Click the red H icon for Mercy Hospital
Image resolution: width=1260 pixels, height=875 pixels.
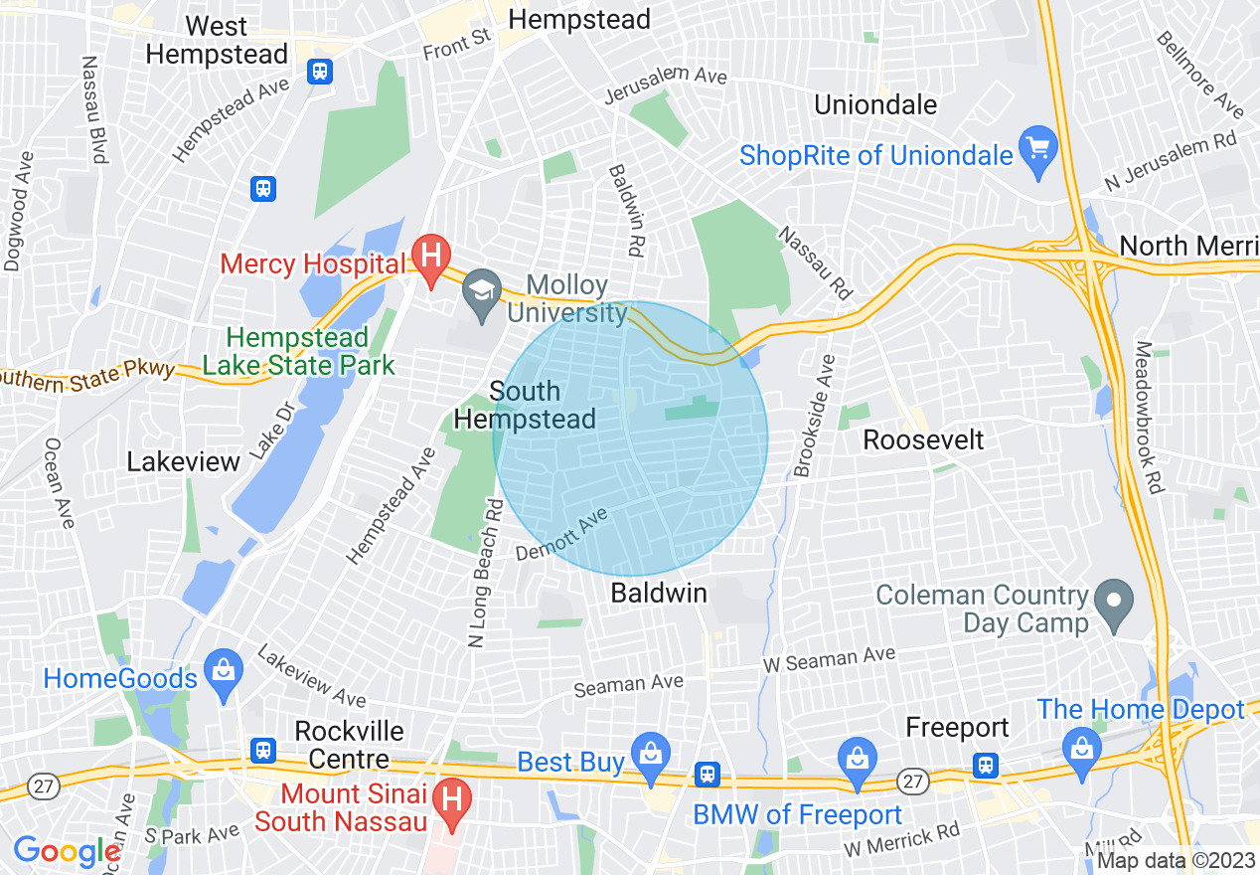pyautogui.click(x=430, y=257)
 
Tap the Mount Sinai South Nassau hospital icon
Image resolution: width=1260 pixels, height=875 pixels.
pyautogui.click(x=452, y=799)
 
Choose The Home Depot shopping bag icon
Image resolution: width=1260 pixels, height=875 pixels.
pyautogui.click(x=1082, y=744)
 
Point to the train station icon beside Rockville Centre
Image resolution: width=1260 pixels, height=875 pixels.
pyautogui.click(x=263, y=749)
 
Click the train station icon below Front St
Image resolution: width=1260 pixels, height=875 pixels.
pyautogui.click(x=320, y=71)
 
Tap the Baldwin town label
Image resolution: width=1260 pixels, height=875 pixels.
pyautogui.click(x=659, y=594)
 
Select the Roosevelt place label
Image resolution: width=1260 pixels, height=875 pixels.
pyautogui.click(x=923, y=439)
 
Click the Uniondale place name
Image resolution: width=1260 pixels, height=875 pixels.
pyautogui.click(x=875, y=104)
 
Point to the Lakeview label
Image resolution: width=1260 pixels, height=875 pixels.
pyautogui.click(x=184, y=461)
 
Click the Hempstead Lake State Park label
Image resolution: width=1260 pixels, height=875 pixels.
pyautogui.click(x=298, y=352)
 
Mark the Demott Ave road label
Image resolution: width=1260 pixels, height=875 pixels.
pyautogui.click(x=561, y=534)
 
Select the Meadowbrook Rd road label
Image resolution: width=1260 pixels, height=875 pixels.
pyautogui.click(x=1147, y=418)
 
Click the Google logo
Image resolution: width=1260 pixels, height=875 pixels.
pyautogui.click(x=67, y=851)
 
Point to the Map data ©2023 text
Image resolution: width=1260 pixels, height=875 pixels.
pyautogui.click(x=1169, y=861)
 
